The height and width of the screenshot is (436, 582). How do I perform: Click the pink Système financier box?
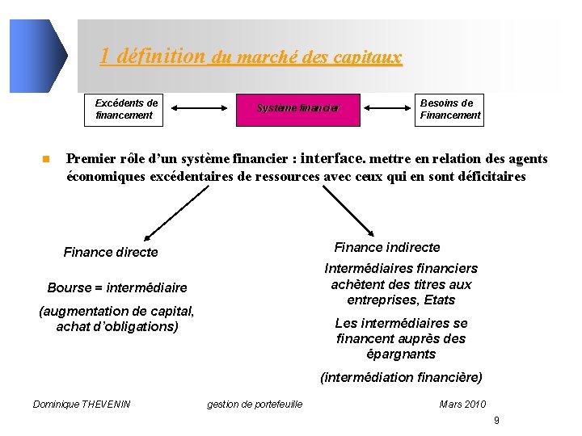click(297, 108)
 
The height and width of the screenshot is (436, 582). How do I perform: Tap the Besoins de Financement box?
click(449, 109)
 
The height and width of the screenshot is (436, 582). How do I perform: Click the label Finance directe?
click(111, 253)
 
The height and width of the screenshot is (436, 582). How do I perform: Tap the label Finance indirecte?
click(387, 247)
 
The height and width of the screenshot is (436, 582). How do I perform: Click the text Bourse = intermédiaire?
click(117, 287)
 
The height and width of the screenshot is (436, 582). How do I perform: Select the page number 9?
click(496, 421)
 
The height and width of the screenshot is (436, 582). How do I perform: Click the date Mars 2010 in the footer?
click(462, 404)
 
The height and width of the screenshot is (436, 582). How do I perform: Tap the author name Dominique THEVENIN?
click(82, 404)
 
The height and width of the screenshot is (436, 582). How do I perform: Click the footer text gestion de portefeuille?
click(255, 404)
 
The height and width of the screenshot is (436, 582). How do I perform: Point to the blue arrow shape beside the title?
click(38, 56)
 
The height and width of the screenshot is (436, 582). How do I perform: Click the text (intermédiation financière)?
click(401, 377)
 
